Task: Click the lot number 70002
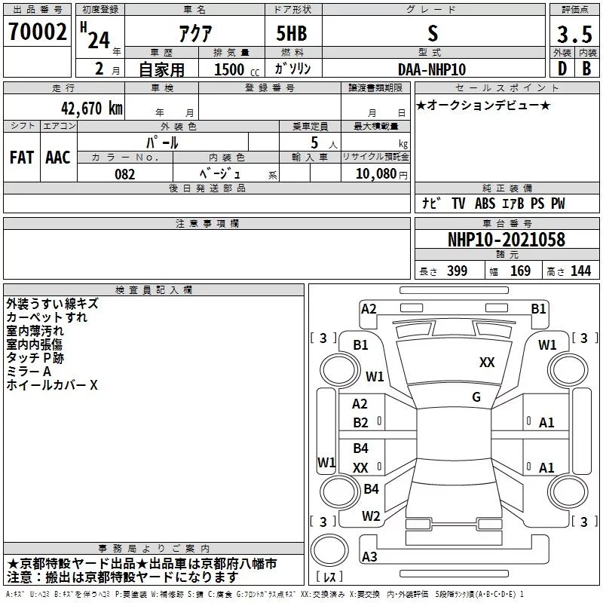point(37,31)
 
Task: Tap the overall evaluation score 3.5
point(574,35)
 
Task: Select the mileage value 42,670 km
point(89,108)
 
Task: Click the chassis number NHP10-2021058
point(506,240)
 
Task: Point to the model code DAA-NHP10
point(432,69)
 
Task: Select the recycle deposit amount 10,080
point(375,174)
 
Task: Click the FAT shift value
point(22,157)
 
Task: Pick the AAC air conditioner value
point(58,157)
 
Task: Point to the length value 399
point(457,271)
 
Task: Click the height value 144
point(580,271)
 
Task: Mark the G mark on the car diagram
point(476,397)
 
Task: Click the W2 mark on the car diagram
point(371,516)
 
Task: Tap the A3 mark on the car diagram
point(369,558)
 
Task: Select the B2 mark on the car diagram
point(361,422)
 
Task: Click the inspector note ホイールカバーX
point(52,385)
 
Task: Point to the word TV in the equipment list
point(459,204)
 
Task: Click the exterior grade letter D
point(561,69)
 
